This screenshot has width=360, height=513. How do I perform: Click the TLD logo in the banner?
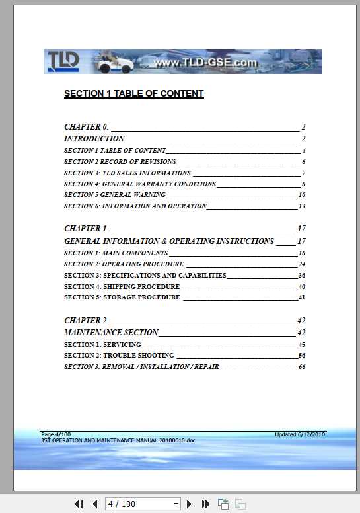click(63, 61)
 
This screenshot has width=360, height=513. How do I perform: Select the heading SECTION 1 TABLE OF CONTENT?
click(133, 94)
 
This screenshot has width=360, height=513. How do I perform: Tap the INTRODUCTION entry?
click(94, 139)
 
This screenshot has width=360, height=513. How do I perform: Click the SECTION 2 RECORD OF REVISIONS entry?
click(120, 162)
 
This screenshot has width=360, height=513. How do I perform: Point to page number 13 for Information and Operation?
click(301, 206)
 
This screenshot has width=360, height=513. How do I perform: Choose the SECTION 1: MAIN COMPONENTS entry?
click(116, 253)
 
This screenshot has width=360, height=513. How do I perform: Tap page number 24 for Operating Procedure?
click(301, 264)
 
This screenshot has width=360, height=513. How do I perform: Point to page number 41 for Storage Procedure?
click(301, 297)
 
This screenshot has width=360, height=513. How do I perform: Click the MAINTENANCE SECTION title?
click(111, 333)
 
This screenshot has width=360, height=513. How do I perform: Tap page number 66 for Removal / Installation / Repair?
click(301, 367)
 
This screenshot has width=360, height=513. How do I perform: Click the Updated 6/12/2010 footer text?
click(300, 434)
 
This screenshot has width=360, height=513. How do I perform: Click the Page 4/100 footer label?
click(55, 434)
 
